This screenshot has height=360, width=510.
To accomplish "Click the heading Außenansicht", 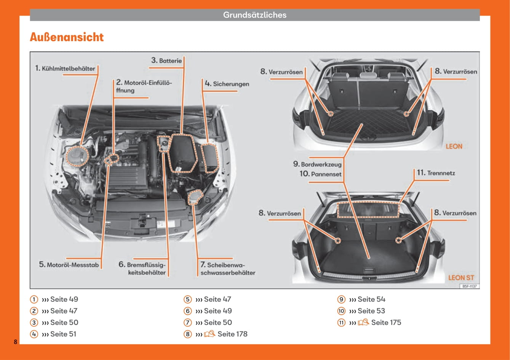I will [67, 37].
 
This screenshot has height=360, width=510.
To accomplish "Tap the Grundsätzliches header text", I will [254, 15].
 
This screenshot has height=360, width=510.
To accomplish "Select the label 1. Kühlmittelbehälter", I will [65, 69].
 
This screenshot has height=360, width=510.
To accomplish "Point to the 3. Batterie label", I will [166, 61].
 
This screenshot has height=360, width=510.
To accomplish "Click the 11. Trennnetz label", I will [436, 173].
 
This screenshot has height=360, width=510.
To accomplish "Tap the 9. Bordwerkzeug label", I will [317, 164].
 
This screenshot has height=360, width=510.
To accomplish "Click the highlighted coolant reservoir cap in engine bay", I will [77, 155].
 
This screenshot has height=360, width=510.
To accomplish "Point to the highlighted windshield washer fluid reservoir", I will [195, 197].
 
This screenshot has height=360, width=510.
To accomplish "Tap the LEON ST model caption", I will [461, 278].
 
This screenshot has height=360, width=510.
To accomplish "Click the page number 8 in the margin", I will [15, 341].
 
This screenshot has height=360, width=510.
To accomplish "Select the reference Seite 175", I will [386, 322].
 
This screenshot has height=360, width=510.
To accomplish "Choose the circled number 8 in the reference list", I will [187, 334].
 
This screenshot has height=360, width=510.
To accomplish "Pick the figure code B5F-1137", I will [470, 286].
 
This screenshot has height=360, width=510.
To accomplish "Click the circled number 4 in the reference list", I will [34, 334].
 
